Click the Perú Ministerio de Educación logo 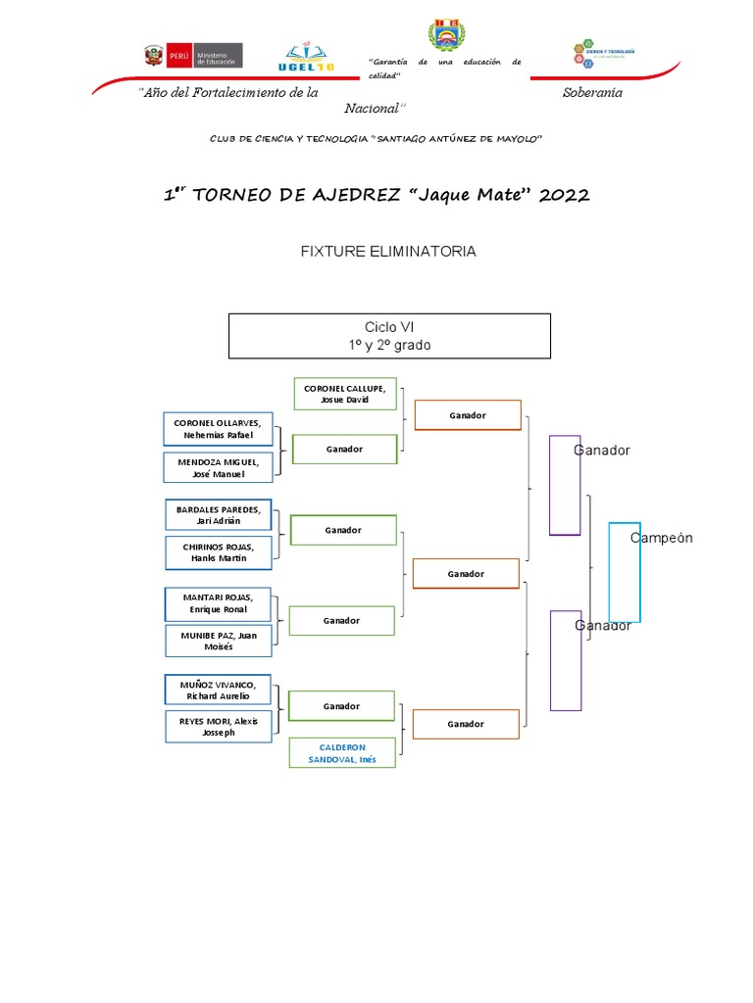(x=192, y=56)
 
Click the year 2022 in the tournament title (x=564, y=195)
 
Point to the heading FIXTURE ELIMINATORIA (x=388, y=252)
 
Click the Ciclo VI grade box (x=389, y=336)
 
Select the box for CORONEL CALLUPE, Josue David (x=344, y=394)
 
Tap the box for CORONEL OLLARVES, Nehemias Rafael (x=218, y=429)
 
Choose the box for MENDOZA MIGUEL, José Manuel (x=218, y=467)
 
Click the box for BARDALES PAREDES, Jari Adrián (x=218, y=515)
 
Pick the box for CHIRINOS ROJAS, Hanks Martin (x=218, y=552)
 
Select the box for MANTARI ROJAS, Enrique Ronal (x=218, y=602)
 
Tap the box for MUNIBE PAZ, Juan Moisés (x=218, y=641)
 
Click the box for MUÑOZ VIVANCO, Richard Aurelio (x=218, y=690)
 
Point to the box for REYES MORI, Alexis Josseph (x=218, y=726)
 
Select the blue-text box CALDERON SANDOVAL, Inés (x=342, y=753)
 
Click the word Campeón (x=662, y=538)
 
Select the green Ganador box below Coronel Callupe (x=344, y=449)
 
